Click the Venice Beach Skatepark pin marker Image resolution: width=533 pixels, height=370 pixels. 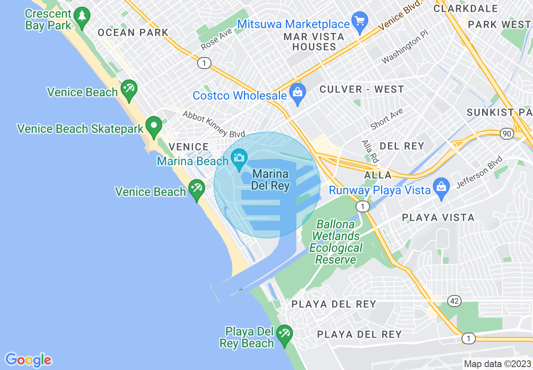click(154, 126)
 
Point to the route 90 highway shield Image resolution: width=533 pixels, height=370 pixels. click(507, 133)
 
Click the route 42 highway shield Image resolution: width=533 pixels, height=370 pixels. click(455, 301)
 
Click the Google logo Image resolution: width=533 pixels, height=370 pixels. click(29, 360)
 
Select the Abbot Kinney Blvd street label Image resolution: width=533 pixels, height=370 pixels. click(214, 124)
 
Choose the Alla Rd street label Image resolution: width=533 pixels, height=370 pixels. click(370, 151)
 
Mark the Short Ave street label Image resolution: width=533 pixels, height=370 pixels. click(386, 119)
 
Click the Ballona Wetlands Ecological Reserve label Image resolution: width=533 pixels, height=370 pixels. click(336, 242)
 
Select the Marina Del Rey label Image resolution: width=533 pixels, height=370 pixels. click(270, 180)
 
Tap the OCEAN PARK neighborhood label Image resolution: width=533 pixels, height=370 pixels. click(133, 32)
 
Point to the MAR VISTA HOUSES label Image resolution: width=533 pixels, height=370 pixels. click(314, 42)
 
